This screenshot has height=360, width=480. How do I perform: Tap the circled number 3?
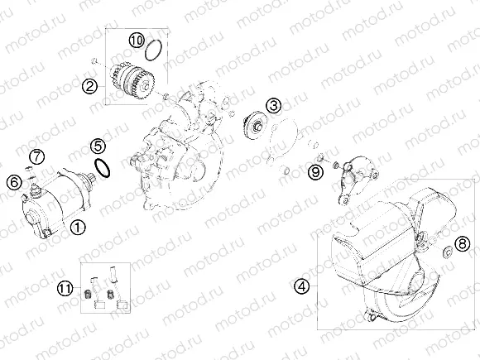tap(272, 105)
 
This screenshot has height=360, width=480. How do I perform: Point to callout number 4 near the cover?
tap(302, 286)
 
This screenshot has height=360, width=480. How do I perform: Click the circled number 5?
tap(98, 147)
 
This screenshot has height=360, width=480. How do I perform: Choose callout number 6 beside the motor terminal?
tap(13, 181)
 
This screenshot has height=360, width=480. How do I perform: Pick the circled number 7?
tap(36, 156)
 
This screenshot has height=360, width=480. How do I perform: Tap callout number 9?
tap(314, 171)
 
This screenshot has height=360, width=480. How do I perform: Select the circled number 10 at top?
tap(137, 40)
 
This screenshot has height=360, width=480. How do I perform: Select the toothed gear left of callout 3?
tap(254, 129)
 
